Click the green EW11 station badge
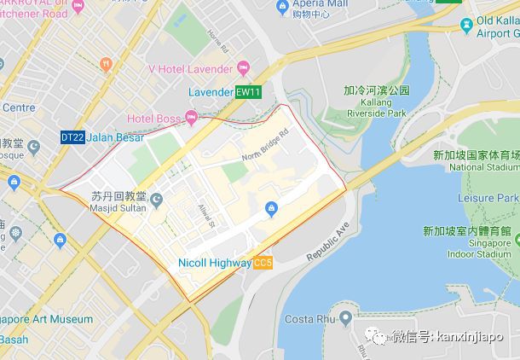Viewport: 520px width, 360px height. (247, 92)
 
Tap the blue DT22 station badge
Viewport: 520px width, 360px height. (72, 136)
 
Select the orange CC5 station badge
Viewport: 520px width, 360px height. (263, 264)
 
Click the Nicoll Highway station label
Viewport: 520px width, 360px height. (215, 264)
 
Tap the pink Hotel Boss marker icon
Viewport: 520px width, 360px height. (190, 117)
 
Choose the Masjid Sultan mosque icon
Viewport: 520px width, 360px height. (157, 200)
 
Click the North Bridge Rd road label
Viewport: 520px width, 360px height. (265, 145)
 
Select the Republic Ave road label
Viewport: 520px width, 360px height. (328, 243)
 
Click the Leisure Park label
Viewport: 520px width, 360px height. (488, 198)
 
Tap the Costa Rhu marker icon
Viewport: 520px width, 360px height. (344, 319)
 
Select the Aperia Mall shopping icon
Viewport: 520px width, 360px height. (282, 7)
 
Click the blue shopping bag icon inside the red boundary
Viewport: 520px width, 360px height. (271, 206)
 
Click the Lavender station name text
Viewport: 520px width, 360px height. (211, 92)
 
